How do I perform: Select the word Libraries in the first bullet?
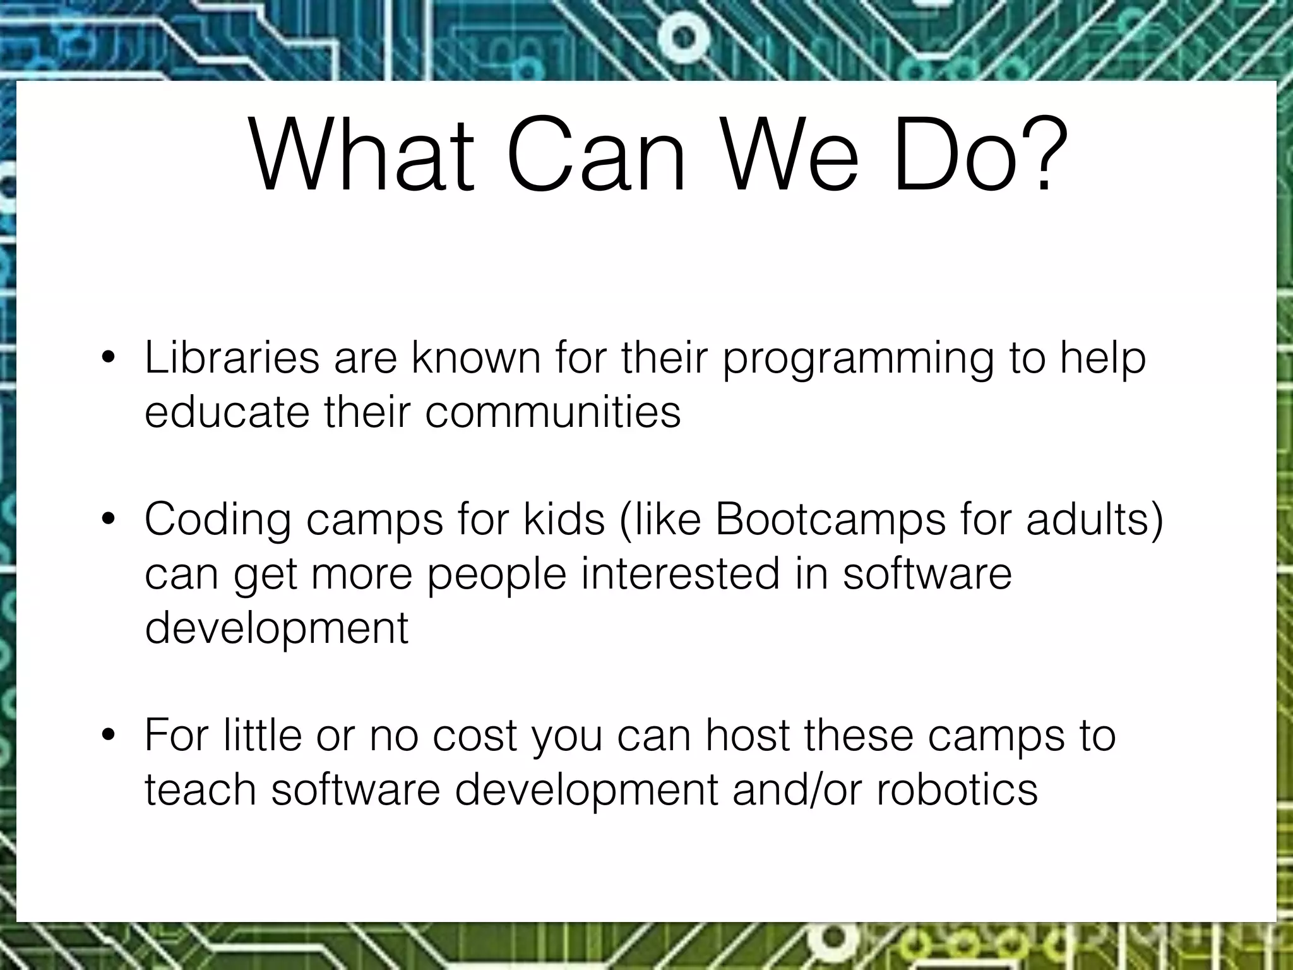[232, 358]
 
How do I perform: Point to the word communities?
[553, 412]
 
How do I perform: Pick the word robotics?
[956, 789]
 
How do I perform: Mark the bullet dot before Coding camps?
[109, 520]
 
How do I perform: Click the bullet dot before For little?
[109, 736]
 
